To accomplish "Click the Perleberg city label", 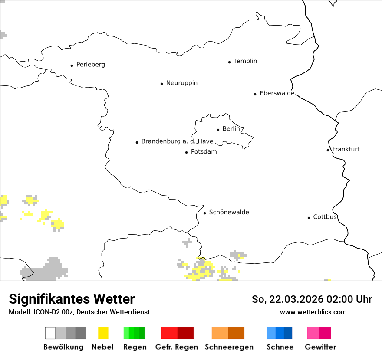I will tap(90, 65).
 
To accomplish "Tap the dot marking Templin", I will tap(229, 62).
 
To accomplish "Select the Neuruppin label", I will tap(181, 83).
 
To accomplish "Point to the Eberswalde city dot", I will tap(255, 94).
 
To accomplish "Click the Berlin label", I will tap(231, 129).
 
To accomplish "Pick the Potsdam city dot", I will tap(186, 152).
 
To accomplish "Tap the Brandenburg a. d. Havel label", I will tap(178, 141).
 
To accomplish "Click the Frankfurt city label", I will tap(346, 149).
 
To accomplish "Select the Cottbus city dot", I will tap(309, 218).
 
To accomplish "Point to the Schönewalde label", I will tap(229, 212).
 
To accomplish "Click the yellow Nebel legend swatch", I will tap(103, 333).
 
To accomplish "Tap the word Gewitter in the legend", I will tap(320, 347).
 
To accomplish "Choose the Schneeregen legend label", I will tap(229, 347).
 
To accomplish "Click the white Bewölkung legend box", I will tap(50, 333).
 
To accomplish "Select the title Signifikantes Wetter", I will tap(72, 299).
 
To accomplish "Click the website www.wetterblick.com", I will tap(313, 312).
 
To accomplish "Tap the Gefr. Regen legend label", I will tap(177, 347).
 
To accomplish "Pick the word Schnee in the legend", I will tap(280, 347).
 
